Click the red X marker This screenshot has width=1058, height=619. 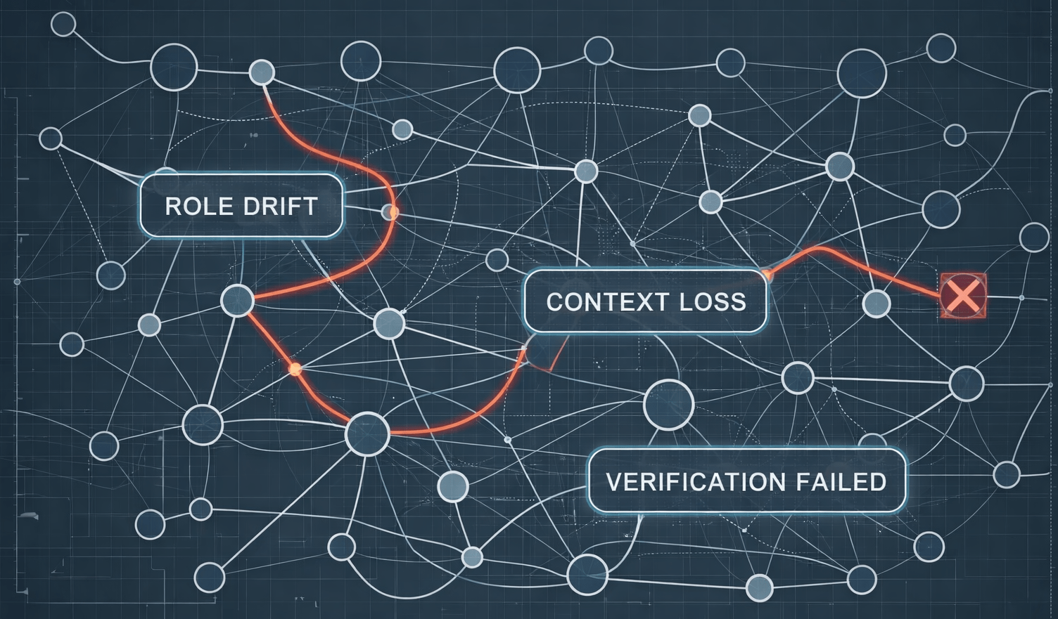click(963, 295)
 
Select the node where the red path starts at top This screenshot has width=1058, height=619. click(262, 72)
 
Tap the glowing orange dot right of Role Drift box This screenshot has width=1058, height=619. click(390, 211)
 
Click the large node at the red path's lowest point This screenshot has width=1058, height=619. click(367, 434)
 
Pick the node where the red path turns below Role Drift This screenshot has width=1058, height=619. click(237, 301)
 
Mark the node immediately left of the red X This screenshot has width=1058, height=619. click(876, 304)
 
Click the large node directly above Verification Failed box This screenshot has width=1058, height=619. click(668, 405)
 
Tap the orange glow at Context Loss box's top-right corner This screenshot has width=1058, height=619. click(767, 275)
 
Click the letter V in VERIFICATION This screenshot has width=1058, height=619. click(613, 482)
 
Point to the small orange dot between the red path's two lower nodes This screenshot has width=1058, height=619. click(295, 369)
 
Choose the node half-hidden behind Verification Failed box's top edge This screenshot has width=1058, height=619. click(872, 443)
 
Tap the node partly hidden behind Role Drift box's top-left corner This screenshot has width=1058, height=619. click(166, 173)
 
